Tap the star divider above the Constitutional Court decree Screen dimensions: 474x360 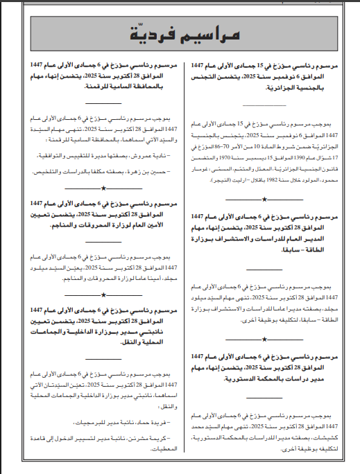[267, 339]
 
